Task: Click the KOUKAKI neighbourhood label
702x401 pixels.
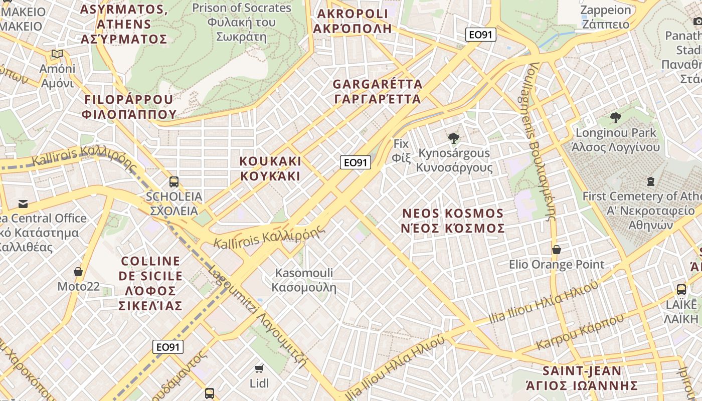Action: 270,168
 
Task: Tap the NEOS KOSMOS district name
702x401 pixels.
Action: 453,221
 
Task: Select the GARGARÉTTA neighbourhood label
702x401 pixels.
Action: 378,91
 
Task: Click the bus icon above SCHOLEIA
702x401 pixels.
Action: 174,182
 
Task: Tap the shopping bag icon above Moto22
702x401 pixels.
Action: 78,272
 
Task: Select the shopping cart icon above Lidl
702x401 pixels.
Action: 259,369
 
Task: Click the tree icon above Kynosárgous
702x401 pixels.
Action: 454,138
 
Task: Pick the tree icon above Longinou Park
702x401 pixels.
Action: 616,118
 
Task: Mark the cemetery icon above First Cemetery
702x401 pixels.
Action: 651,181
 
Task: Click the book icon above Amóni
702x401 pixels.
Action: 57,54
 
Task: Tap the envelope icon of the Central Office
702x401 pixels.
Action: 23,204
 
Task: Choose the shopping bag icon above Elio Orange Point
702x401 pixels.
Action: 557,249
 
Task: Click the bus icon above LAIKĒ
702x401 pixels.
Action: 681,289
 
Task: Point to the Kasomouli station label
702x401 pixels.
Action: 304,280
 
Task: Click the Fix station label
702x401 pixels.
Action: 401,150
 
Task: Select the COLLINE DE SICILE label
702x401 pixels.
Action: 150,283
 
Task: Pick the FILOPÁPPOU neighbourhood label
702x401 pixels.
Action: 129,107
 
